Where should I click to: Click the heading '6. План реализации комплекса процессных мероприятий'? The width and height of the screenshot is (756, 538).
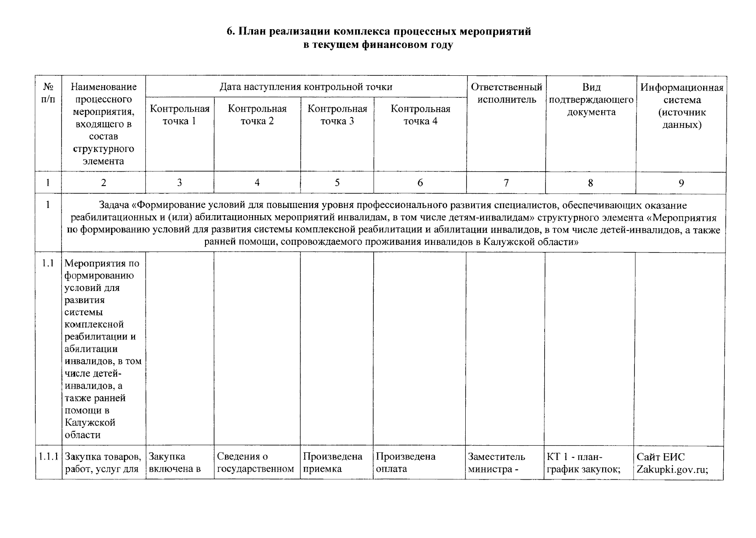378,32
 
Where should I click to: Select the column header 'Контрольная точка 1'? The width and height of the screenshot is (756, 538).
179,115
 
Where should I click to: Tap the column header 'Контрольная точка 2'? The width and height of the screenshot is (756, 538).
257,115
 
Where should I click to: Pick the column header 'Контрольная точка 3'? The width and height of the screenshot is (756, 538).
337,115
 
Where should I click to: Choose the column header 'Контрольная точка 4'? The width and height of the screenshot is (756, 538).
420,115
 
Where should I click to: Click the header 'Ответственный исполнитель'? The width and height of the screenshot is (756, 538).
506,93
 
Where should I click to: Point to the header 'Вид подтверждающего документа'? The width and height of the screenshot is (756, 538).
590,100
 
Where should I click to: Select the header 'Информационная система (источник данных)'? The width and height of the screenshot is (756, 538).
681,106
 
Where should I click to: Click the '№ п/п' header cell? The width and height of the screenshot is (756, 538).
48,93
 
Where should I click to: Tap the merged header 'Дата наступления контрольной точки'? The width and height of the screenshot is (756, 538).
306,87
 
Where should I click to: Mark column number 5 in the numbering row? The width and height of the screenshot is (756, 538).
337,182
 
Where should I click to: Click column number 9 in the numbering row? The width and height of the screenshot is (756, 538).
681,183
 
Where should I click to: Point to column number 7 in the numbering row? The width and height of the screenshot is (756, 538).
506,183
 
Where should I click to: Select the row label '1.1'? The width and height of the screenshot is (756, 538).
48,263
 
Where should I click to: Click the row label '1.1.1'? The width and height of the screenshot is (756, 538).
48,457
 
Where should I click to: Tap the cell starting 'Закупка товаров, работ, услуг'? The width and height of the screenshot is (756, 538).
104,463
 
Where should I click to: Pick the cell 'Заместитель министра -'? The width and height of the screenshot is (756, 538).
496,463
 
